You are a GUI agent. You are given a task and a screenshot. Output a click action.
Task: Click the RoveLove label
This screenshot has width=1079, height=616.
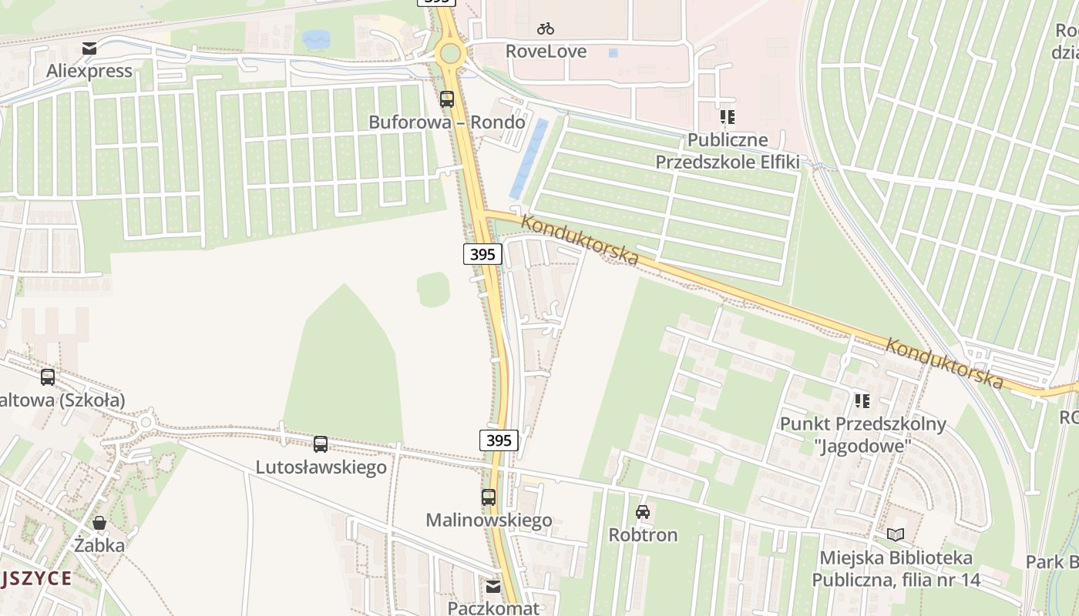click(546, 52)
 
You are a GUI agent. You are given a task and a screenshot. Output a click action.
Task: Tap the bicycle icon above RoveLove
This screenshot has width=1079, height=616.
click(546, 28)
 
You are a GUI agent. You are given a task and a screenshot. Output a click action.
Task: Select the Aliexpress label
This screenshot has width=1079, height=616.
click(89, 71)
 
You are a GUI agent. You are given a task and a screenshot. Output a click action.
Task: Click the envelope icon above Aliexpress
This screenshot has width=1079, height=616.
click(90, 49)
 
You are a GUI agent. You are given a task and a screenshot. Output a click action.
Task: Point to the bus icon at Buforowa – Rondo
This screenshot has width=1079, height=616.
click(447, 99)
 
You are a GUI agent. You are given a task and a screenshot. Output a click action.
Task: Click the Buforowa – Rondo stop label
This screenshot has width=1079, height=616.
click(447, 122)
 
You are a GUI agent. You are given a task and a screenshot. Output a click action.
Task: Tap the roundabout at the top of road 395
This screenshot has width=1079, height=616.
click(449, 54)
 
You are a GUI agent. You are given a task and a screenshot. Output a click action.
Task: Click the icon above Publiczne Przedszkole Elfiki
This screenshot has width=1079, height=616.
click(727, 117)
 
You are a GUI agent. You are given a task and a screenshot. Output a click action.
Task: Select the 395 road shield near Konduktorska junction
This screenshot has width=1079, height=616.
click(483, 254)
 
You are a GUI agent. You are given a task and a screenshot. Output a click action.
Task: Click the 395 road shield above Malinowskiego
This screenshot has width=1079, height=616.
click(499, 440)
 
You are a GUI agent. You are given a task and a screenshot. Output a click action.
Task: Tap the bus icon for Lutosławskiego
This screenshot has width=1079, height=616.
click(321, 444)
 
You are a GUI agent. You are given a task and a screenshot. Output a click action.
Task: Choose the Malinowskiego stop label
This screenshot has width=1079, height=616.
click(489, 521)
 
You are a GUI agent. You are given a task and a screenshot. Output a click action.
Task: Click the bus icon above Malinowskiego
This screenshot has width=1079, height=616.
click(489, 497)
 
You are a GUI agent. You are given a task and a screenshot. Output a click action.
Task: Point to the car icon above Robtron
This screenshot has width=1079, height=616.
click(643, 511)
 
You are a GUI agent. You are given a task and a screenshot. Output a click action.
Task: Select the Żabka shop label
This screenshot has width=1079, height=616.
click(99, 545)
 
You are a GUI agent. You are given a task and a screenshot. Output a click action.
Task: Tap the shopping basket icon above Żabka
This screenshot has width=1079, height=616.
click(99, 523)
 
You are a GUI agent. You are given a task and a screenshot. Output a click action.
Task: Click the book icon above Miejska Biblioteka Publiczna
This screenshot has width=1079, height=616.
click(896, 534)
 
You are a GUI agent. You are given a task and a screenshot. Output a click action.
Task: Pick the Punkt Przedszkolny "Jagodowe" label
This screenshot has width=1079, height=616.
click(845, 435)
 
